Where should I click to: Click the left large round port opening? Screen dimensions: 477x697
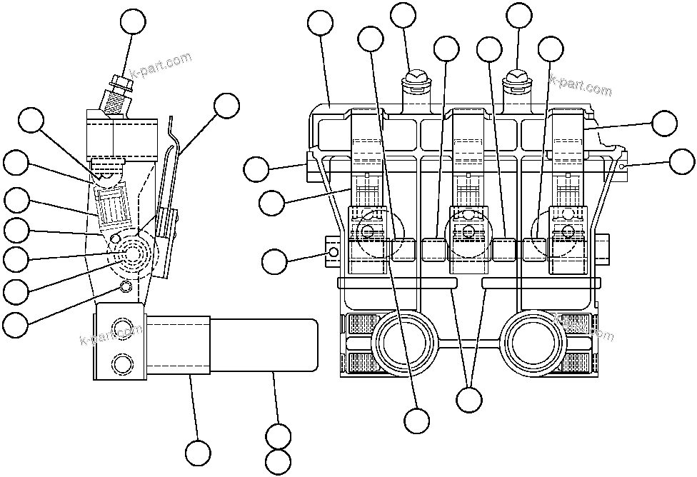[404, 342]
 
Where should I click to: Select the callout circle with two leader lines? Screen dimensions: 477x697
[469, 399]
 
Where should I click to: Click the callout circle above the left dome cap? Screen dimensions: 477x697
[403, 16]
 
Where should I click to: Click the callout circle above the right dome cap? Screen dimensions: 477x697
[518, 16]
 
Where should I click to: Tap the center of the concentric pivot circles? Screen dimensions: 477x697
[133, 255]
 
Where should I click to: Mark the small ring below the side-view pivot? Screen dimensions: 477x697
[126, 286]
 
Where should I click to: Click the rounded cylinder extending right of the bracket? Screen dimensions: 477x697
[264, 345]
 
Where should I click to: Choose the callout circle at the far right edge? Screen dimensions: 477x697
[681, 161]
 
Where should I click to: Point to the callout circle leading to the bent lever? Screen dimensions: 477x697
[226, 106]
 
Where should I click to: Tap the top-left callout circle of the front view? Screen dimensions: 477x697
[321, 24]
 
